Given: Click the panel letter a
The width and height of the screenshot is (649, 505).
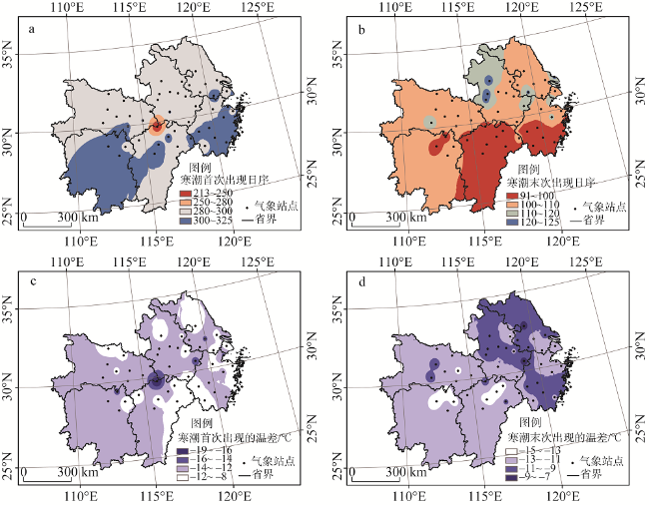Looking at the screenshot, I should pyautogui.click(x=33, y=29).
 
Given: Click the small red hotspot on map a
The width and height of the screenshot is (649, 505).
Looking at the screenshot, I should pyautogui.click(x=157, y=126).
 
